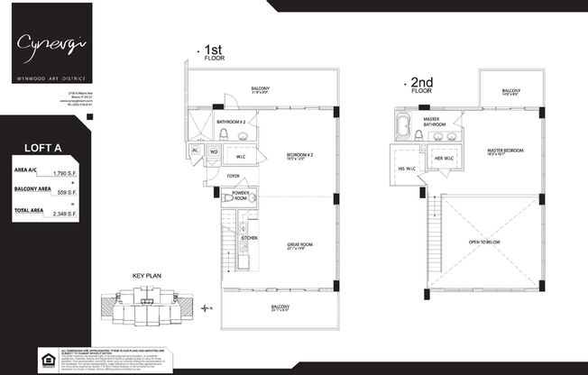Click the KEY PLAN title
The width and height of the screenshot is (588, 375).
point(145,278)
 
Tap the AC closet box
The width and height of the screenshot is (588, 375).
point(195,151)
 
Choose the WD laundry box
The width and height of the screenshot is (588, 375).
point(214,151)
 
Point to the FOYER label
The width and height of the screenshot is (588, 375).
point(233,177)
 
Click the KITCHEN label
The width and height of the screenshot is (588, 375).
point(250,238)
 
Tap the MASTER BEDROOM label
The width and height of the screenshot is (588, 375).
point(505,151)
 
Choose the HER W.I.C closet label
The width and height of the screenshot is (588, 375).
point(443,159)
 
